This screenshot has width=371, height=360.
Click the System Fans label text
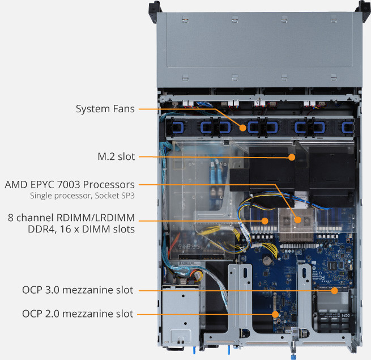(105, 109)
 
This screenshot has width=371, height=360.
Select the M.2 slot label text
(116, 156)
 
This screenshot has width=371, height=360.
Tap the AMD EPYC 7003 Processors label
(70, 185)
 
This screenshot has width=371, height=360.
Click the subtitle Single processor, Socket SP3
(82, 196)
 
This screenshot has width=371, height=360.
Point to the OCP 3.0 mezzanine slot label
(78, 290)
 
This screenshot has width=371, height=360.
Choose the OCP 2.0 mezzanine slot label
(78, 314)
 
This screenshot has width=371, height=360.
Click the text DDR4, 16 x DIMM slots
(81, 229)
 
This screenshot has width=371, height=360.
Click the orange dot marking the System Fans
(242, 128)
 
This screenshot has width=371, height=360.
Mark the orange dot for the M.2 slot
(292, 157)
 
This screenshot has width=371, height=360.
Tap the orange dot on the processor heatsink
(298, 220)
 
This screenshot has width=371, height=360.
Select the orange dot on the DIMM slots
(265, 221)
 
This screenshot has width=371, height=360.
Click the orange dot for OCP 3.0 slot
(334, 291)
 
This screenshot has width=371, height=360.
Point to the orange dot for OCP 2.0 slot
(275, 315)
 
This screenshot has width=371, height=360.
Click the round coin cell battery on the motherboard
(267, 260)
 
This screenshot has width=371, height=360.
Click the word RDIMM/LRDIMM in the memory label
(96, 218)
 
